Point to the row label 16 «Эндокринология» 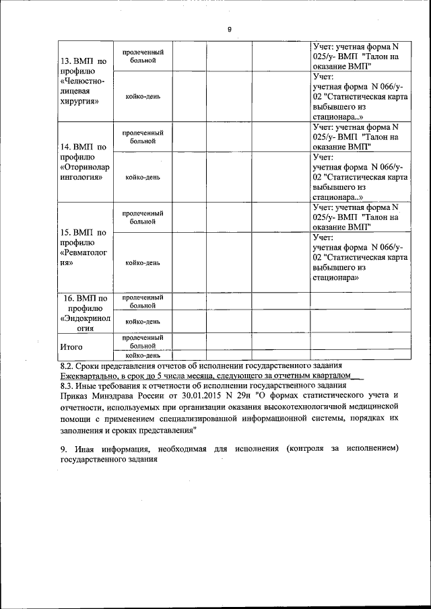(x=83, y=313)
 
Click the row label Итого (x=71, y=347)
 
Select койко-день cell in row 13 (x=143, y=96)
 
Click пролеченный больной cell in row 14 (x=143, y=137)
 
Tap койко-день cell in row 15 (x=143, y=262)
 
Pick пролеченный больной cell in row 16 (x=143, y=301)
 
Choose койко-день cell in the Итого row (x=143, y=355)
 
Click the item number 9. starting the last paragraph (x=63, y=449)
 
